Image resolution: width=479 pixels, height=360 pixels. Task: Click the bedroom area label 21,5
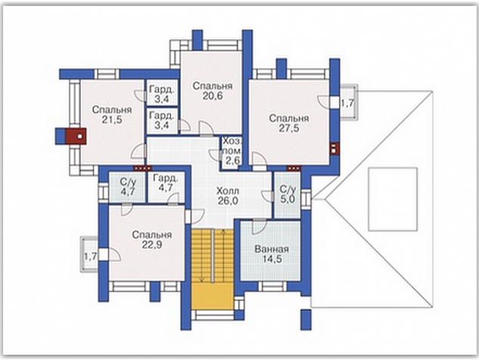click(x=112, y=119)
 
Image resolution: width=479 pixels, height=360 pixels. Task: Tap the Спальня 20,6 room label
click(x=212, y=91)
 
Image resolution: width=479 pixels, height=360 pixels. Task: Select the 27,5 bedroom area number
click(x=289, y=128)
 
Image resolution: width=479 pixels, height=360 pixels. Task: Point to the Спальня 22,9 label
click(x=152, y=240)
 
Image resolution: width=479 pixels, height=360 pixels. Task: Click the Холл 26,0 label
click(x=228, y=196)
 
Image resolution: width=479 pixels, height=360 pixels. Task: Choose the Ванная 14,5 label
click(x=271, y=254)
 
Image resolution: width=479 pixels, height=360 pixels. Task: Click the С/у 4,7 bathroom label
click(x=128, y=188)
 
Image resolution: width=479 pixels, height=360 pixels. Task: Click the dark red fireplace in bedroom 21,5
click(x=76, y=136)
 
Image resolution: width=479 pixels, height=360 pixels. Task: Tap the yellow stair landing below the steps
click(x=212, y=296)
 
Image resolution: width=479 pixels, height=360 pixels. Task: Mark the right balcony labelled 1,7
click(x=348, y=102)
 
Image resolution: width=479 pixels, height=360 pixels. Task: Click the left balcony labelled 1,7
click(x=89, y=254)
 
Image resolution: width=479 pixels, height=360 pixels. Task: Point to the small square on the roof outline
click(x=393, y=199)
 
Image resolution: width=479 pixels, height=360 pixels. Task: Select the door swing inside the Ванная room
click(x=259, y=227)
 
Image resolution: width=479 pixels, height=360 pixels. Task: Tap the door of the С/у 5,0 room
click(x=267, y=196)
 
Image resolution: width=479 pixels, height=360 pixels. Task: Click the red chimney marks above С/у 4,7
click(x=142, y=168)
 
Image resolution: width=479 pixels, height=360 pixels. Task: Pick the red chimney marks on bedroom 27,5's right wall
click(x=334, y=149)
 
